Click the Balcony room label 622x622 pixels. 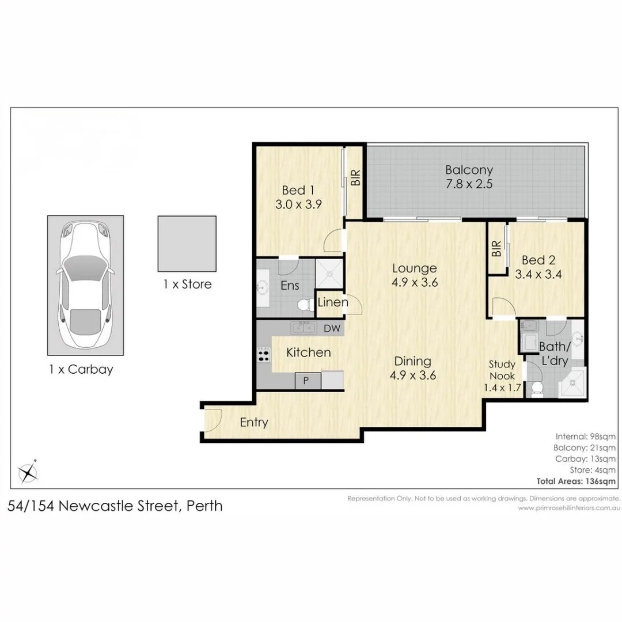[469, 170]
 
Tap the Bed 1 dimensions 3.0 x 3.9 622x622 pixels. [298, 204]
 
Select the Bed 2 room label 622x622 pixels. [538, 260]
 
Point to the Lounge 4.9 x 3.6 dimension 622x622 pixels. [415, 282]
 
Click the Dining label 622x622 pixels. [412, 361]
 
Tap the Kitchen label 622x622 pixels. [308, 352]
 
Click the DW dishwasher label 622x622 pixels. [332, 328]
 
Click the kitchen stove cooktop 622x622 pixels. [264, 354]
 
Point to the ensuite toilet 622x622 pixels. [304, 305]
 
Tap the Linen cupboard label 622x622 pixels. [332, 302]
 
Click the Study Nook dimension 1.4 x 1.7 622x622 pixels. [502, 388]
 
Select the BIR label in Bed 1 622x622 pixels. [355, 177]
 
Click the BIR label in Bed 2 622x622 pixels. [496, 249]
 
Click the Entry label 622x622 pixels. [254, 423]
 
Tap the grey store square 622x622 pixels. [187, 244]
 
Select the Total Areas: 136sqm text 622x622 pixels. [576, 481]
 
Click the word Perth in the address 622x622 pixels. [204, 506]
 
